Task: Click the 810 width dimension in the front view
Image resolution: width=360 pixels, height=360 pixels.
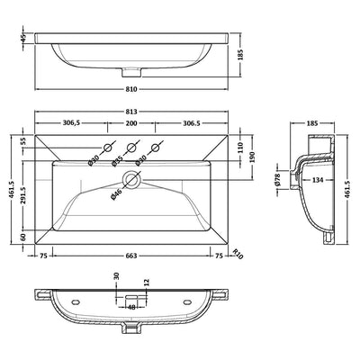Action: coord(131,89)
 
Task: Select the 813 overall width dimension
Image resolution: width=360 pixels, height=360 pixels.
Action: coord(131,112)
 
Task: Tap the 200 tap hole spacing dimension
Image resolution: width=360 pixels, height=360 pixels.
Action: coord(131,123)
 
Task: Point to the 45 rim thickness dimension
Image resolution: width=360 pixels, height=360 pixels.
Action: coord(24,38)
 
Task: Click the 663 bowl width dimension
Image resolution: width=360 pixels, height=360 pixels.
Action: coord(131,256)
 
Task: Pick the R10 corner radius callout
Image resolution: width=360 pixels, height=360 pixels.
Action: coord(238,254)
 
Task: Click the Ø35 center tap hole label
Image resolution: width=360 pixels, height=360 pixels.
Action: coord(116,160)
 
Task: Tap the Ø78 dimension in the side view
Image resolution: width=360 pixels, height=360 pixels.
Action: coord(277,179)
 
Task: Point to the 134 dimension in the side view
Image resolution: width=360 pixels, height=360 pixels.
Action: coord(318,180)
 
